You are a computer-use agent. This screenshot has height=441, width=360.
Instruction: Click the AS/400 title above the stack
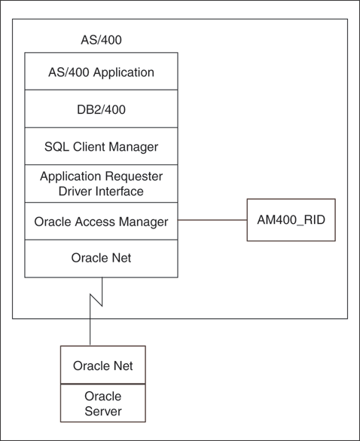[x=101, y=39]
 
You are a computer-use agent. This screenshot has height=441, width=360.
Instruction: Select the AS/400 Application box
[x=101, y=72]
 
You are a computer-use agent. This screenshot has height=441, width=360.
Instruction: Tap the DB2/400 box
[x=101, y=109]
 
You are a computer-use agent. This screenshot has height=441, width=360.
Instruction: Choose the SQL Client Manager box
[x=101, y=146]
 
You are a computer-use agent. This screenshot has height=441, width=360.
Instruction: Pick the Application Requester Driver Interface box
[x=101, y=184]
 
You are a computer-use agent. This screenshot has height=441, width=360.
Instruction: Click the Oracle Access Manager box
[x=101, y=222]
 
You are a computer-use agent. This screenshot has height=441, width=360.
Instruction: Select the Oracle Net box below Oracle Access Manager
[x=101, y=258]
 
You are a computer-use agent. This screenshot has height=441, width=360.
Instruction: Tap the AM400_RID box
[x=291, y=221]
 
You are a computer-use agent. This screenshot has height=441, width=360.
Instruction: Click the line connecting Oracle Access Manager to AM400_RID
[x=212, y=221]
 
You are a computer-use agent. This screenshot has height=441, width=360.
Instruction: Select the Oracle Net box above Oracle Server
[x=103, y=366]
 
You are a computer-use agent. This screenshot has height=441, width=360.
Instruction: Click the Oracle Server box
[x=103, y=403]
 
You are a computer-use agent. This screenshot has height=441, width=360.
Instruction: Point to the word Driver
[x=75, y=191]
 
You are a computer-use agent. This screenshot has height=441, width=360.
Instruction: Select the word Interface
[x=119, y=191]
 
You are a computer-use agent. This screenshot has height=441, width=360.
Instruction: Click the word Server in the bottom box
[x=103, y=411]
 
